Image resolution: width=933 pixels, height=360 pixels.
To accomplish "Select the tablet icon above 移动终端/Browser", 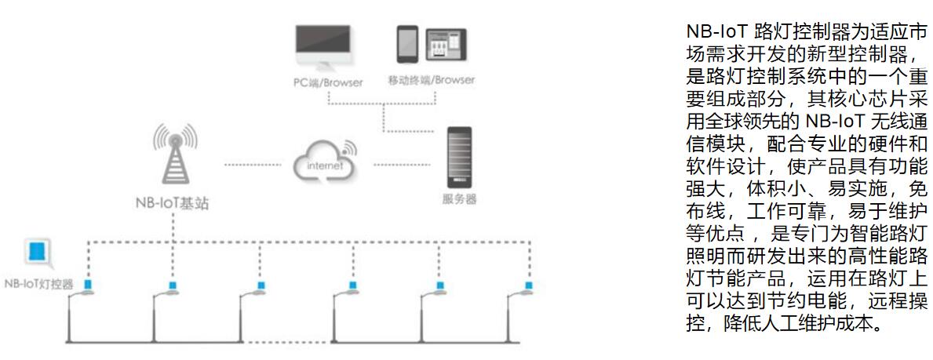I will (446, 45).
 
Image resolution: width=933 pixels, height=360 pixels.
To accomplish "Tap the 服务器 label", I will (459, 198).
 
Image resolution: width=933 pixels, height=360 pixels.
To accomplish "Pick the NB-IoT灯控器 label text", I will (39, 284).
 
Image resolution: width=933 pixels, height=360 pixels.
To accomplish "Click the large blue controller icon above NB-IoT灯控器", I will (37, 253).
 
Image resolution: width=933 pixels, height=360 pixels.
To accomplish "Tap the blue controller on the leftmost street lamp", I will (89, 284).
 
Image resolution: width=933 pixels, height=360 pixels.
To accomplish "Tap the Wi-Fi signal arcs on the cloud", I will (348, 147).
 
